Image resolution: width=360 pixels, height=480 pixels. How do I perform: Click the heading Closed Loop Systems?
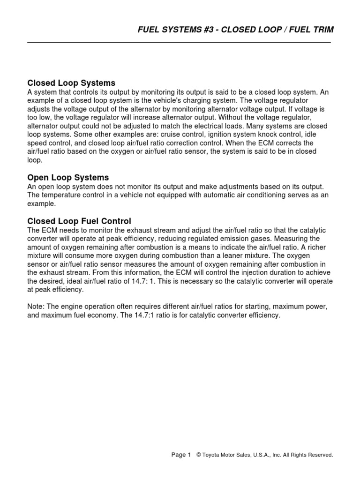(71, 83)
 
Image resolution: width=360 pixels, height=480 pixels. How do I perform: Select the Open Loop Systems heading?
(68, 178)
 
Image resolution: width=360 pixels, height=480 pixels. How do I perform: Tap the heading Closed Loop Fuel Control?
(79, 221)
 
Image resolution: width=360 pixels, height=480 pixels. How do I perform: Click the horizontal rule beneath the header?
(179, 42)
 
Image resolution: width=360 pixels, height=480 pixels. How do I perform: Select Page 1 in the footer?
(181, 455)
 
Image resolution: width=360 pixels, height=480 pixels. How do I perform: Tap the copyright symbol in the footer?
(198, 455)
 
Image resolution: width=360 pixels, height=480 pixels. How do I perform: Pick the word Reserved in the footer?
(320, 455)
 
